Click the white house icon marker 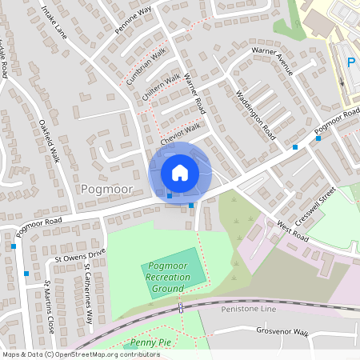tap(180, 172)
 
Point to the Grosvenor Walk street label tap(282, 331)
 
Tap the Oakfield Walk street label tap(49, 141)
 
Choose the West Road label tap(293, 231)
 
